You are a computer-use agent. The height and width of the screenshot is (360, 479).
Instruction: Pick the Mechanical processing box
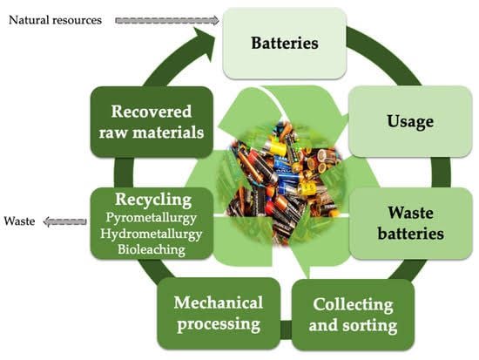[218, 314]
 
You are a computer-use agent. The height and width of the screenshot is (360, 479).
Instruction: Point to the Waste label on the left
[18, 221]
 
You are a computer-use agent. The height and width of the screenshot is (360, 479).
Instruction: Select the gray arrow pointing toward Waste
[64, 221]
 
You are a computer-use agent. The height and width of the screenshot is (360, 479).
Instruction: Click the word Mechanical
[218, 303]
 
